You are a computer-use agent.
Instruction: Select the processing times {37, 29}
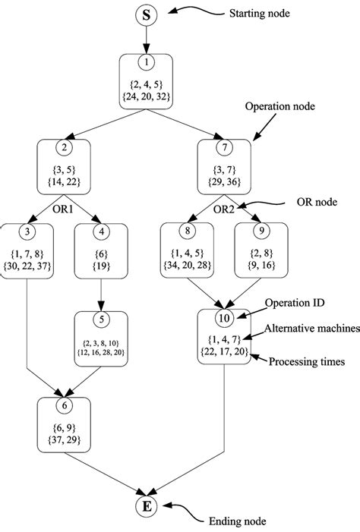64,439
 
